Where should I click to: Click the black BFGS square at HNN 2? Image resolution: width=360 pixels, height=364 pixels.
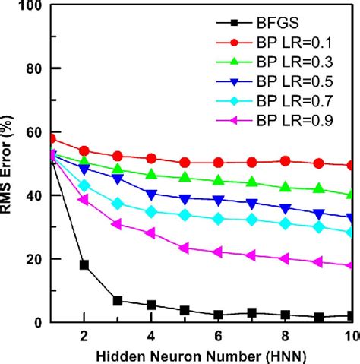click(84, 265)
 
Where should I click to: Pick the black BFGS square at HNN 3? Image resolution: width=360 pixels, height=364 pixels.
click(118, 301)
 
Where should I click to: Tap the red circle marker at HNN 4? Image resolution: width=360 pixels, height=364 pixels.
click(151, 158)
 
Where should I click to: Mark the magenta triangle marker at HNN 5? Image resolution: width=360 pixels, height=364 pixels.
click(185, 248)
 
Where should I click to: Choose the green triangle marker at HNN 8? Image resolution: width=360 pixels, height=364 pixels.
click(285, 187)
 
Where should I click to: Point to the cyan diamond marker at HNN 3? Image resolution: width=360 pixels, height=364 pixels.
click(118, 204)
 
